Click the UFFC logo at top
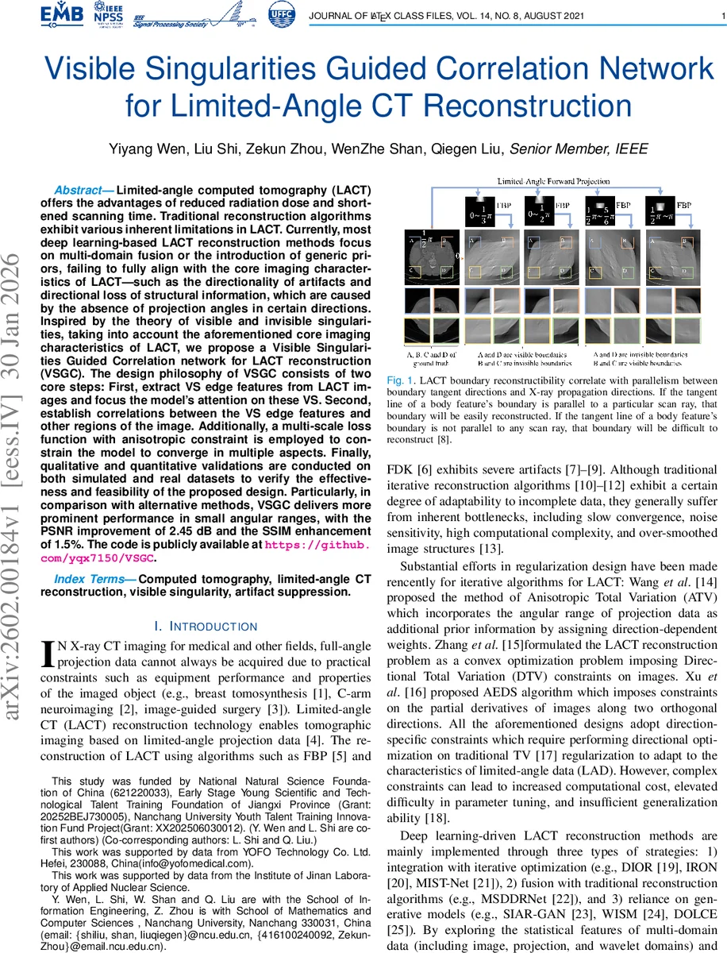(280, 16)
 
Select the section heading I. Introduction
(206, 627)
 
